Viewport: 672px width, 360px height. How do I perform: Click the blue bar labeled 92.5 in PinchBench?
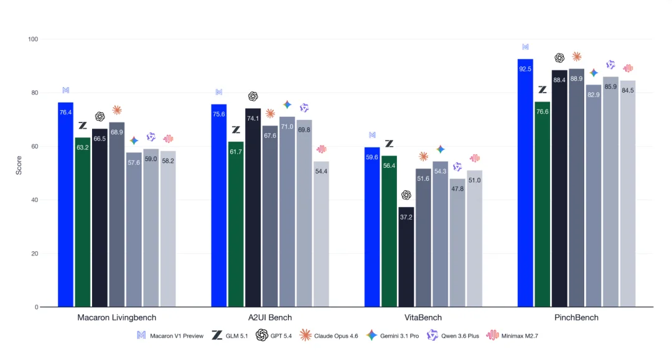(525, 183)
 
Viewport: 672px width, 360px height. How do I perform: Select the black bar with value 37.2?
(406, 257)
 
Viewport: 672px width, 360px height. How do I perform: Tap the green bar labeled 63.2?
(83, 222)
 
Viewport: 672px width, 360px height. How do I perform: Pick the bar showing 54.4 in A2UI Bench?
(321, 234)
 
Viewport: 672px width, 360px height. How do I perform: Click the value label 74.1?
(253, 118)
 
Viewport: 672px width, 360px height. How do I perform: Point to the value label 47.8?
(457, 189)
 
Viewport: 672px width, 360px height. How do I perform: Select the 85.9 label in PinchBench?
(610, 87)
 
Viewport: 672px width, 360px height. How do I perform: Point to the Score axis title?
(19, 165)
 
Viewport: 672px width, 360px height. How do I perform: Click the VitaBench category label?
(423, 318)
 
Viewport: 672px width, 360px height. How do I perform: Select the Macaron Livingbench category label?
(116, 318)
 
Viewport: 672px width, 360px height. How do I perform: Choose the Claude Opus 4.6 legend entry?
(329, 336)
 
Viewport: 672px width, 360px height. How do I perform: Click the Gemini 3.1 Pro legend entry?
(393, 336)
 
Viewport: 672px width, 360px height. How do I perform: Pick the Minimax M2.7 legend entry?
(512, 336)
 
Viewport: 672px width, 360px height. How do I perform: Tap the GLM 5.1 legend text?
(236, 336)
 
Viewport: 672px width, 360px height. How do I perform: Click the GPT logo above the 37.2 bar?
(406, 195)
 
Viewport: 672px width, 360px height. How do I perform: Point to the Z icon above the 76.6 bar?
(543, 90)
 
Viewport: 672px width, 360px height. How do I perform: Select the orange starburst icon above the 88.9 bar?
(576, 57)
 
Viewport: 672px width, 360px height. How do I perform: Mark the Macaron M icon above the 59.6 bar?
(373, 135)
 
